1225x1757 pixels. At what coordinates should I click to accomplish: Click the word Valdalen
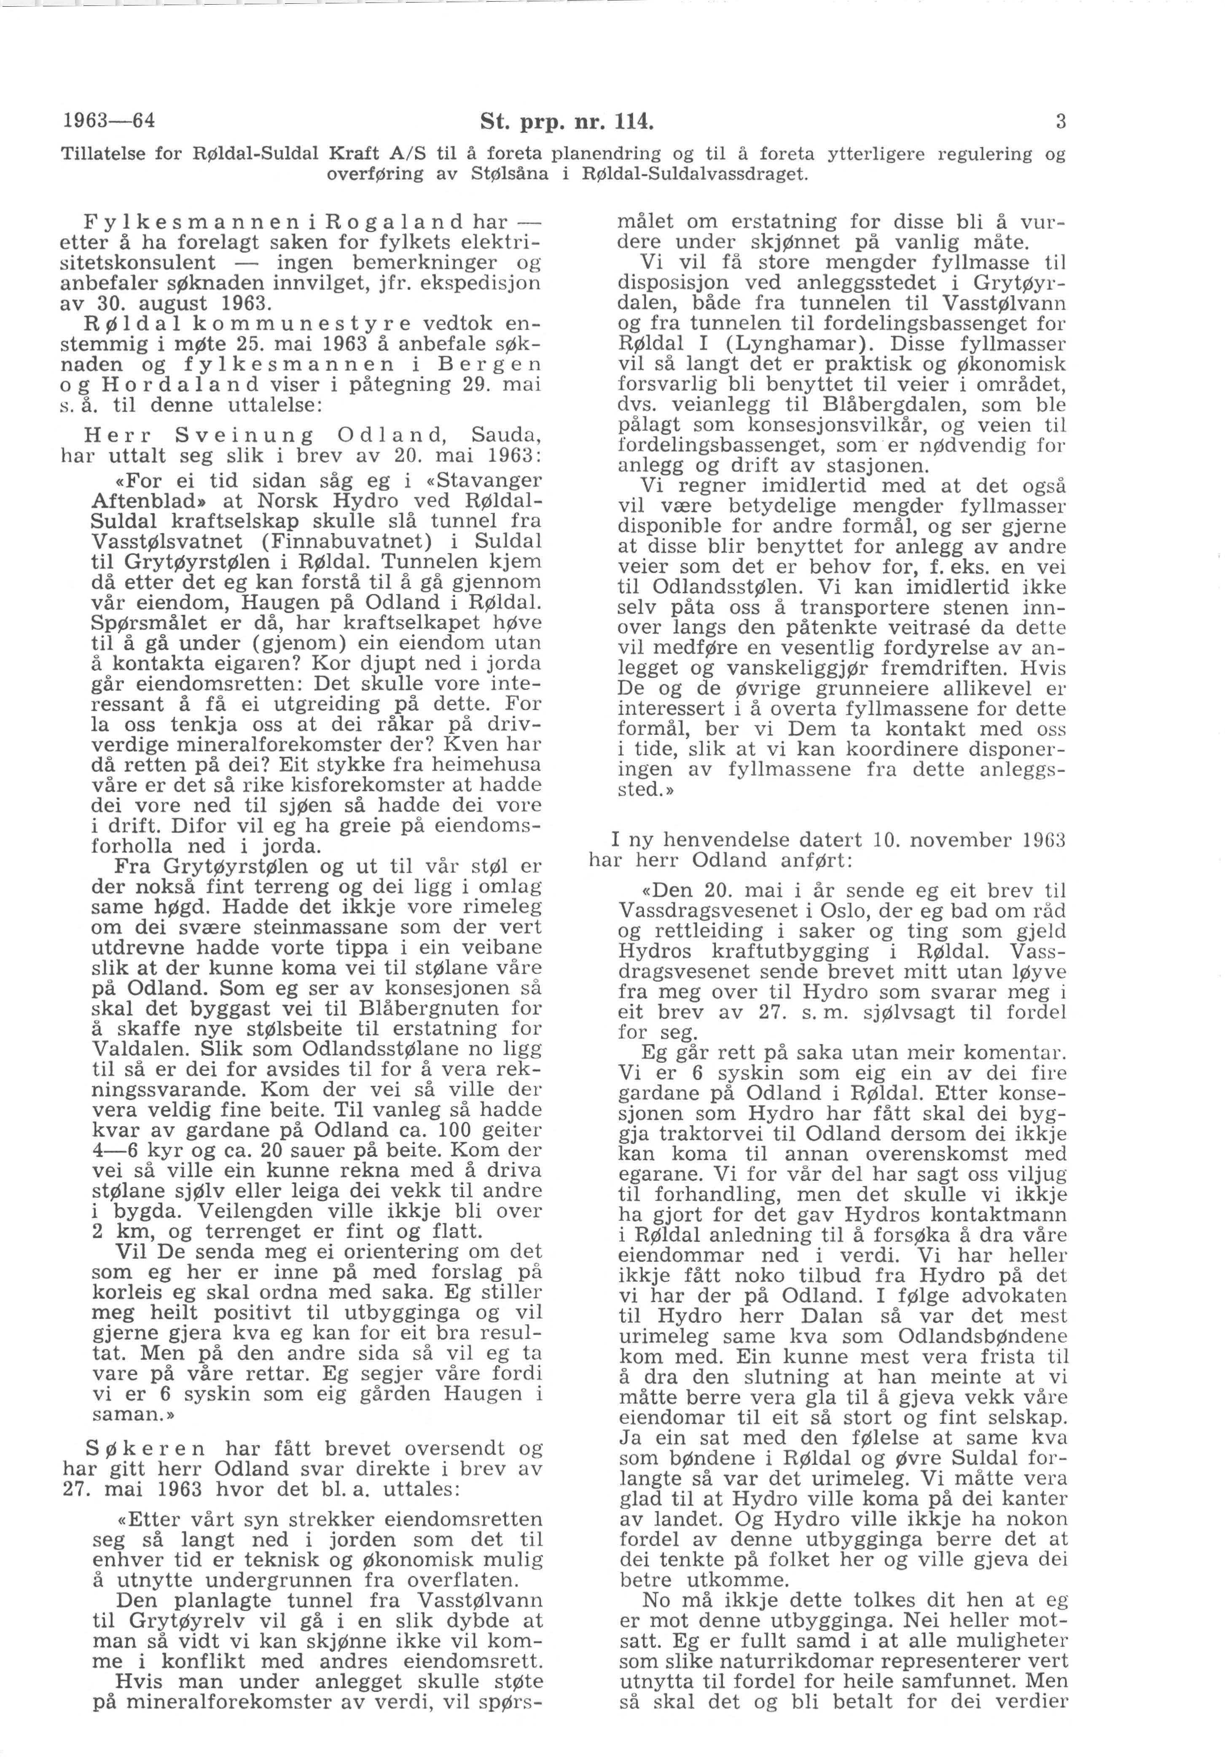pyautogui.click(x=135, y=1049)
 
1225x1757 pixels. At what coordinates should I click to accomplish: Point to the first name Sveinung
pyautogui.click(x=245, y=436)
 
